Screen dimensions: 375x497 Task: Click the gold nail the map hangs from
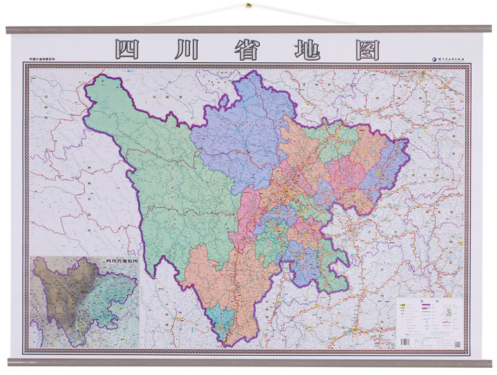coord(248,7)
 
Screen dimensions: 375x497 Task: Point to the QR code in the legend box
coord(457,343)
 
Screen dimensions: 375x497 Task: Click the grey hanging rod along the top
coord(248,29)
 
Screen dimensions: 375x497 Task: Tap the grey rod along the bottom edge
coord(248,362)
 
